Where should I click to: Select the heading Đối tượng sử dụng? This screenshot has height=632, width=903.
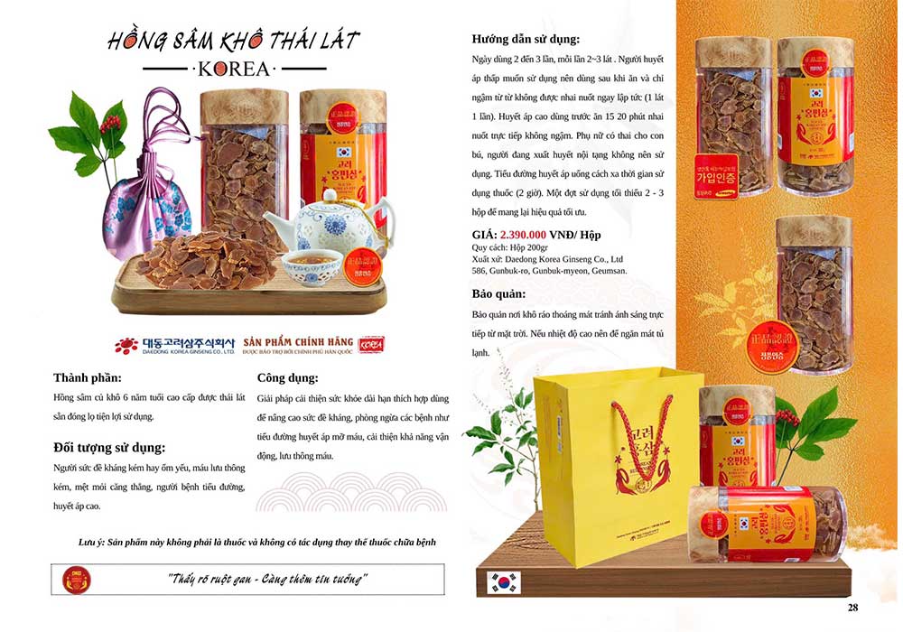tap(109, 447)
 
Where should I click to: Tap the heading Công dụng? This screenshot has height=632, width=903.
tap(287, 377)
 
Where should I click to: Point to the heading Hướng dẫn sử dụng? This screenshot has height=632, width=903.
tap(526, 39)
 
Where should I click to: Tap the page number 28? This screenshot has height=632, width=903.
tap(852, 607)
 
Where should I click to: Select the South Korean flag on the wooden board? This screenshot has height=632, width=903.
tap(504, 582)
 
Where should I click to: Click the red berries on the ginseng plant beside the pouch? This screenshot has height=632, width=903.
tap(111, 121)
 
